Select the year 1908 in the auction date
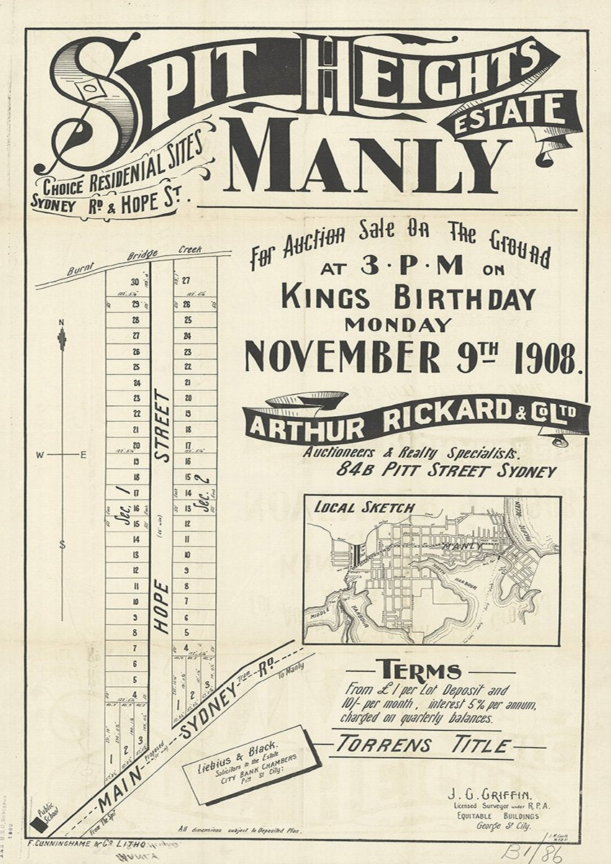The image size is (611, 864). click(x=545, y=357)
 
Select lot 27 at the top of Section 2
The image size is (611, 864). click(x=186, y=281)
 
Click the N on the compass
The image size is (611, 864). click(x=62, y=321)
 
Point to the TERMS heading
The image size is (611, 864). click(x=421, y=671)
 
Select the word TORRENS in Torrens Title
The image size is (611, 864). click(x=388, y=744)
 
